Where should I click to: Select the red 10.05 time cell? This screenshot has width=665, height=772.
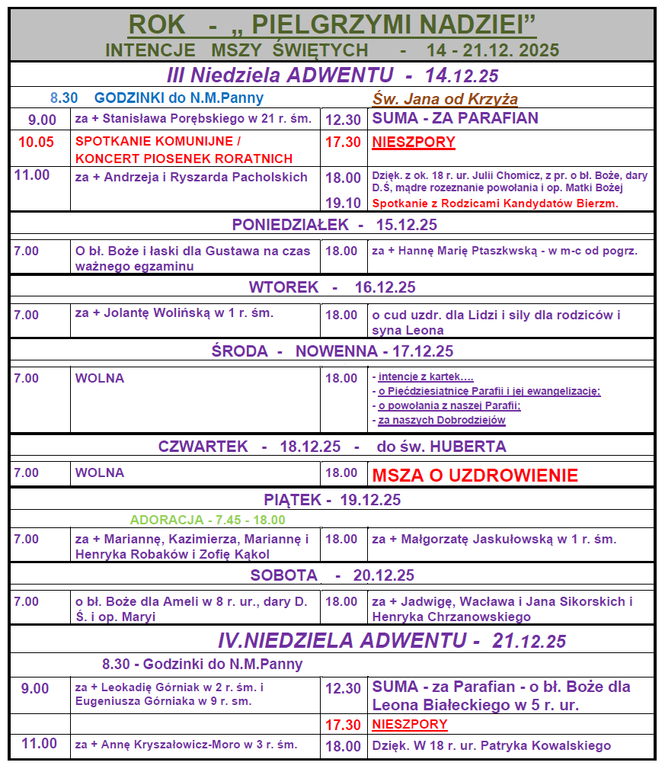pos(37,142)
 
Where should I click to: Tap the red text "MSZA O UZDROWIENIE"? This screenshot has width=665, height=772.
pos(475,476)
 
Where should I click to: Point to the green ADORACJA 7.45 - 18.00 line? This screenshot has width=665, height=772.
pos(207,520)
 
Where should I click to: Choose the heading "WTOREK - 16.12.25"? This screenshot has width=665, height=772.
pos(332,287)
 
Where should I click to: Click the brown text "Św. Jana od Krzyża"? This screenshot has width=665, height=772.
pos(445,99)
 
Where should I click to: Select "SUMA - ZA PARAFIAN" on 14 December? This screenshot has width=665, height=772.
pos(455,118)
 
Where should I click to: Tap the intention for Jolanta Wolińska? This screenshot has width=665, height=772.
pos(174,312)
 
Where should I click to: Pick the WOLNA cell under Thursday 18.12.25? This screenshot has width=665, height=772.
pos(100,472)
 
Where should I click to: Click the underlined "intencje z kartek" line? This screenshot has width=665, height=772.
pos(425,377)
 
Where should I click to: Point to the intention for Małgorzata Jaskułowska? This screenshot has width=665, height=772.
pos(494,539)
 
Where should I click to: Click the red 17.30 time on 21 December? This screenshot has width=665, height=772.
pos(343,725)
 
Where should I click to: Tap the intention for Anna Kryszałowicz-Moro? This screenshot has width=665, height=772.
pos(187,745)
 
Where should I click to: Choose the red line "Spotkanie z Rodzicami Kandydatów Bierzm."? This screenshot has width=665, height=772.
pos(495,203)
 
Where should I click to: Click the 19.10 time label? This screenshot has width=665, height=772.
pos(343,203)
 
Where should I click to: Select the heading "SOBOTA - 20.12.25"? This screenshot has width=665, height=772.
pos(332,575)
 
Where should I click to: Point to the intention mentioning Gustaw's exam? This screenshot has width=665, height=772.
pos(193,258)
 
